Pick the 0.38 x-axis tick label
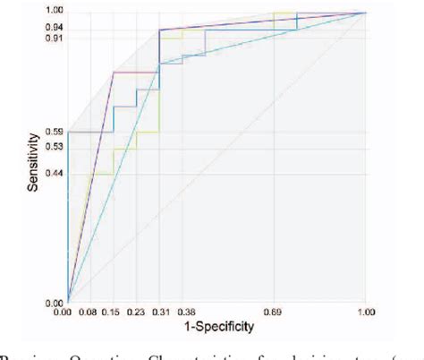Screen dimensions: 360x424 pos(182,314)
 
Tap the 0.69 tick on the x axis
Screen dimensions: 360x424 pos(274,314)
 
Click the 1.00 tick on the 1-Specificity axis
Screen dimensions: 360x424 pos(366,314)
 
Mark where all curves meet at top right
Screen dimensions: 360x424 pos(366,13)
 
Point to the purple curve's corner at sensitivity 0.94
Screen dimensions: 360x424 pos(160,30)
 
